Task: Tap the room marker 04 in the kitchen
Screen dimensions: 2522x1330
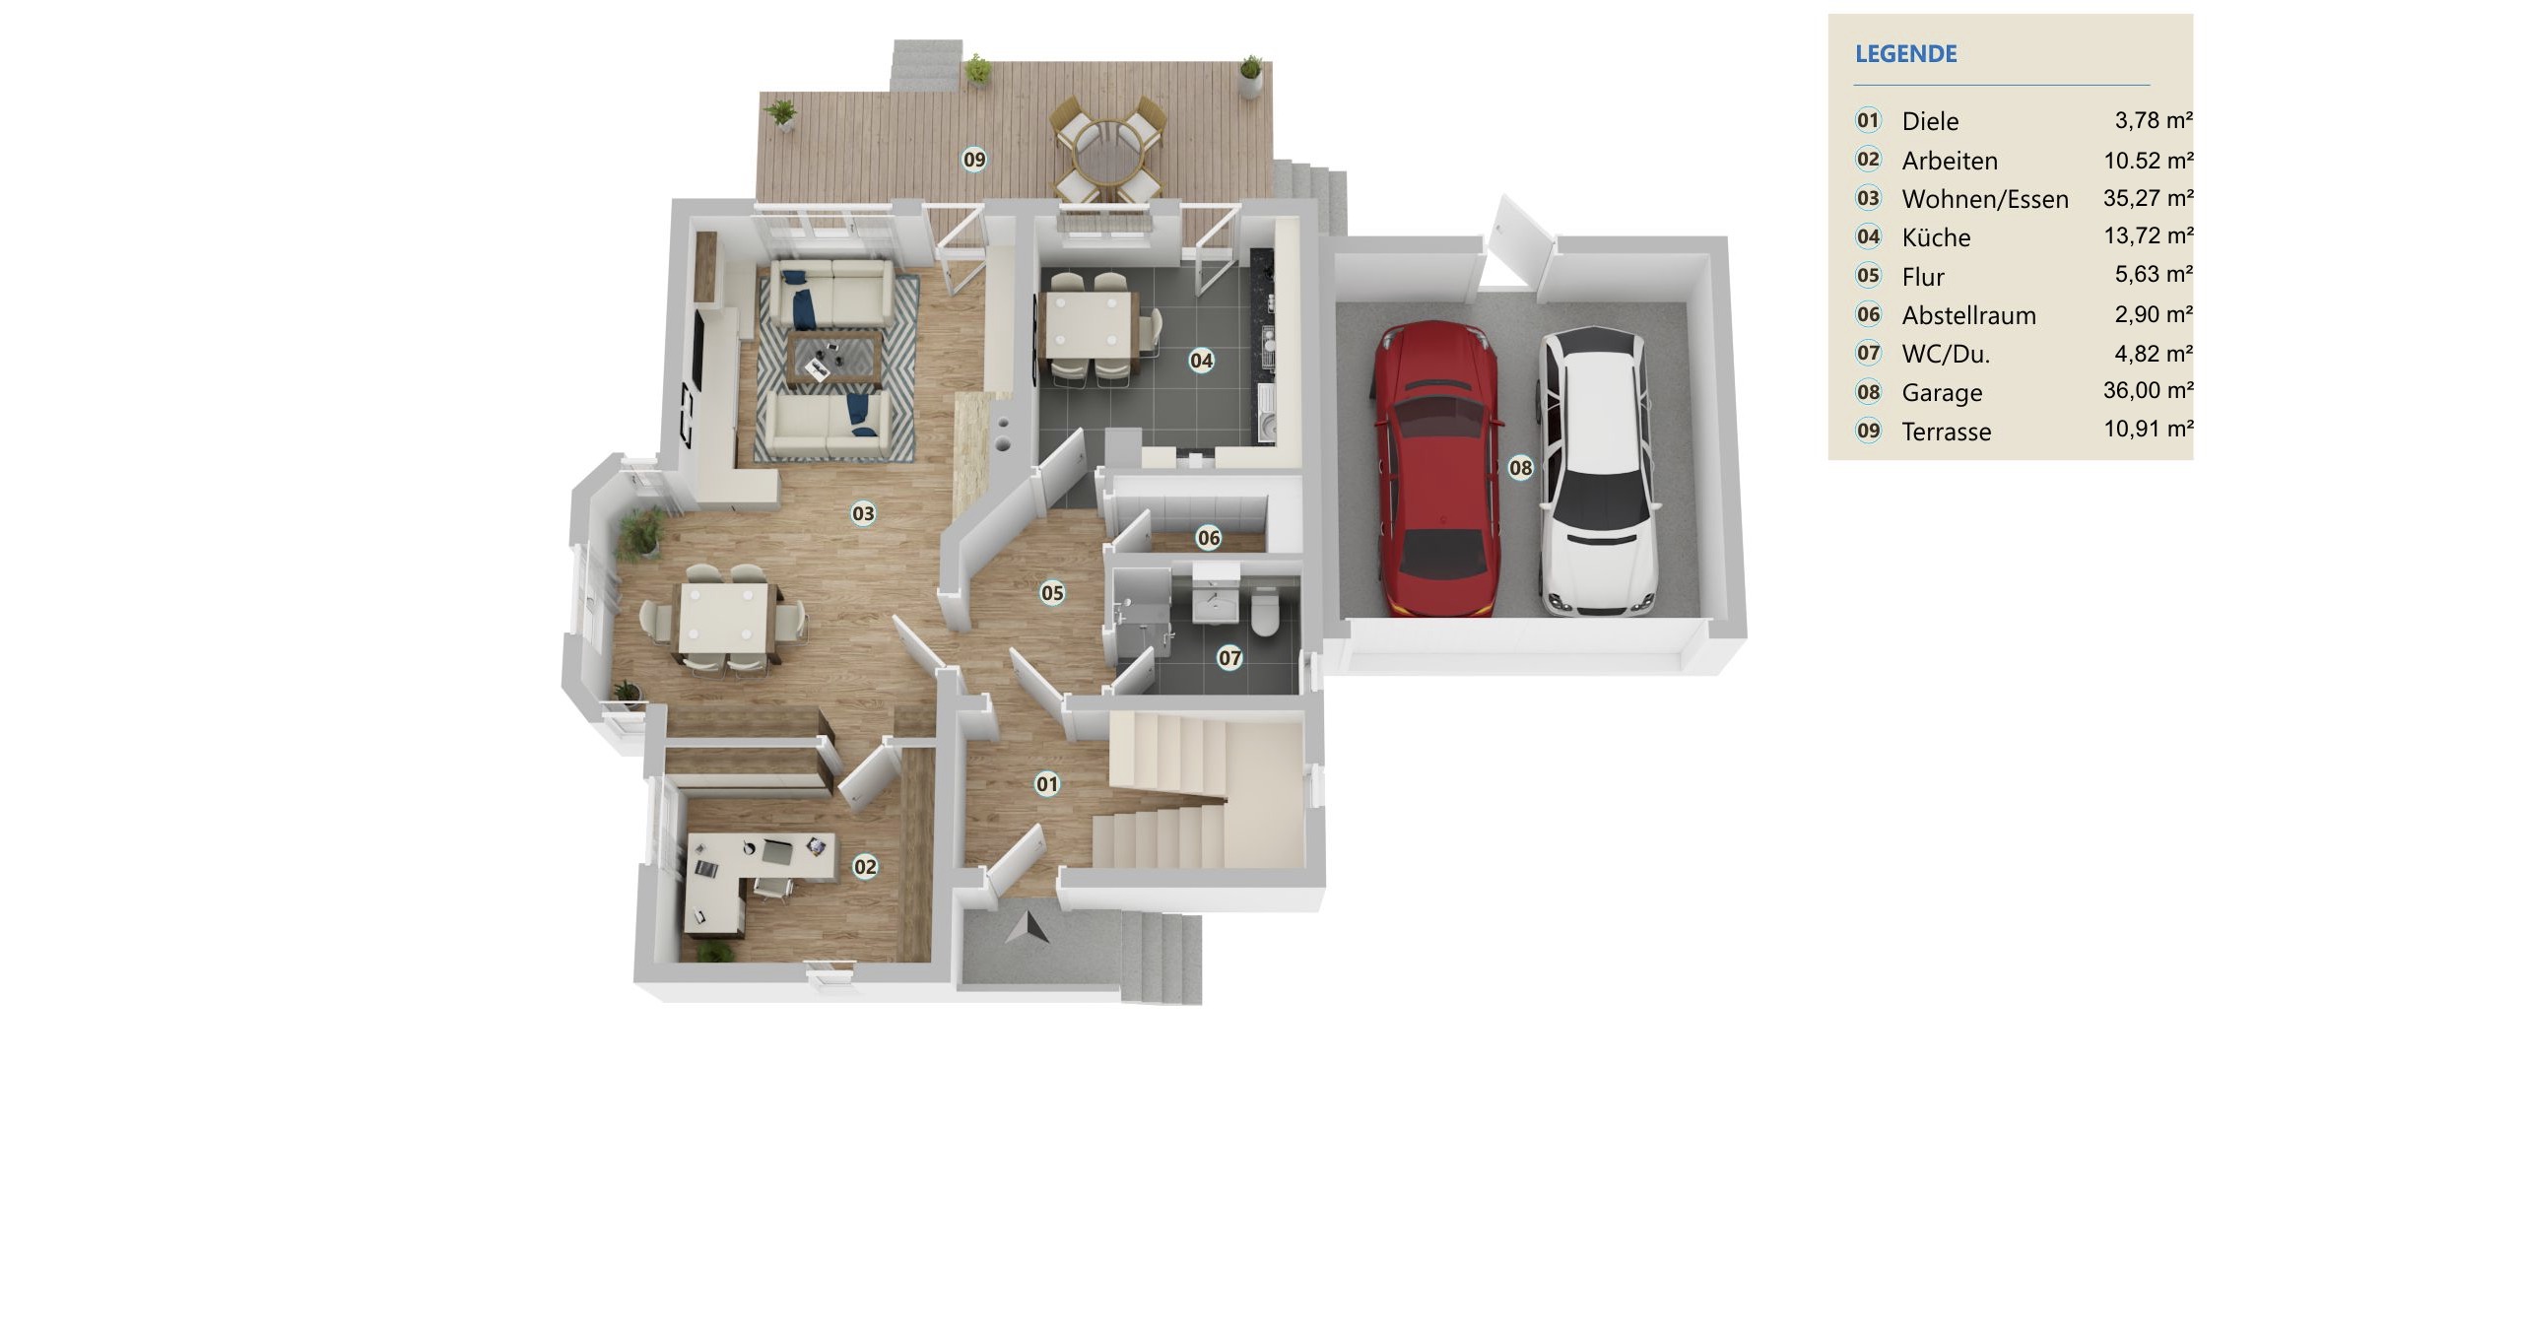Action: click(1201, 361)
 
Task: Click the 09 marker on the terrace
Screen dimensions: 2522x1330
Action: click(974, 160)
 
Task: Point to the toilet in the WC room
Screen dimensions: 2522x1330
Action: click(1265, 612)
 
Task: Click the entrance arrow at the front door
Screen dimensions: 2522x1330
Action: click(1028, 928)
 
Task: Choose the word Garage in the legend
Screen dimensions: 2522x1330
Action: click(1942, 393)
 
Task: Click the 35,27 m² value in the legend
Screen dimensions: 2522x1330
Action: click(2148, 198)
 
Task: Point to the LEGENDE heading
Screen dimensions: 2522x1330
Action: click(1906, 54)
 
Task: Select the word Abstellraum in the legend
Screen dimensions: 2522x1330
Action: click(1968, 315)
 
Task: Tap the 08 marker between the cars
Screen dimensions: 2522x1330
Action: click(1520, 468)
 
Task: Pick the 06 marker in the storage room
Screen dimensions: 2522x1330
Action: click(1208, 538)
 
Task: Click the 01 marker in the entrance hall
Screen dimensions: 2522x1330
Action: click(1046, 784)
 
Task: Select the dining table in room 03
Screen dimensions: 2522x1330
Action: click(725, 621)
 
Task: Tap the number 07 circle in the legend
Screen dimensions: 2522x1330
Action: click(1868, 353)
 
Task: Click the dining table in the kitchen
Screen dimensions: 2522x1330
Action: click(1091, 326)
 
